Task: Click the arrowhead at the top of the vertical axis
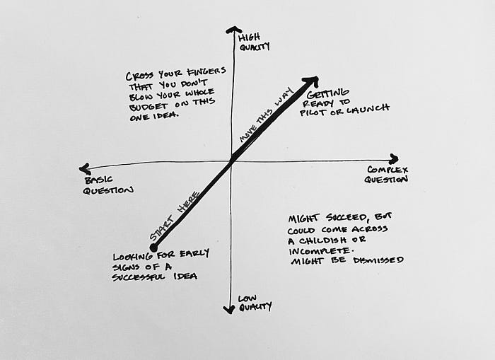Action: pos(233,30)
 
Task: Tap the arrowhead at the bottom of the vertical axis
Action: pos(229,310)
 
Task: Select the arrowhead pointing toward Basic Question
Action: pos(85,169)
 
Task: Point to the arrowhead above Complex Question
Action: pos(394,158)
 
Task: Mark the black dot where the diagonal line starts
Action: pos(153,247)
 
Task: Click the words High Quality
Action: pos(254,42)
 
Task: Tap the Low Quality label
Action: pos(255,303)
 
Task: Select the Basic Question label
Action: pos(108,185)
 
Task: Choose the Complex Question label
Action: pos(386,175)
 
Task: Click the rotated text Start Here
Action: pos(175,216)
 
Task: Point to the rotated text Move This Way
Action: pos(266,115)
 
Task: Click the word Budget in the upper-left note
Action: pos(148,106)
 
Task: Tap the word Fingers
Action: pos(206,71)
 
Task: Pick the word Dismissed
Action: pos(378,260)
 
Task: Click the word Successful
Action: pos(139,277)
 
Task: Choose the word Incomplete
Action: pos(320,251)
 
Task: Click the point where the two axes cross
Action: pos(232,161)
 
